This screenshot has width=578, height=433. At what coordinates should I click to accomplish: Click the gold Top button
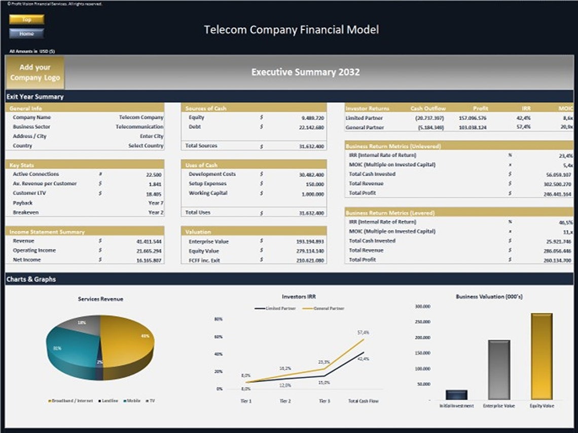[x=26, y=19]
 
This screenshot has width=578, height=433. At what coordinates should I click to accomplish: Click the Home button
[x=26, y=33]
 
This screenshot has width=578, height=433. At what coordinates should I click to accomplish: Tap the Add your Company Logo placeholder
[x=35, y=72]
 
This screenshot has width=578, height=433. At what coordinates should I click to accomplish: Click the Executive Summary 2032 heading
[x=305, y=72]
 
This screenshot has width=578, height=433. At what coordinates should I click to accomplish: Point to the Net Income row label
[x=27, y=260]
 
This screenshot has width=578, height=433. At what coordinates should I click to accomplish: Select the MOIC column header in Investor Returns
[x=567, y=108]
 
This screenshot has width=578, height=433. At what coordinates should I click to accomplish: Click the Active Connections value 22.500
[x=154, y=174]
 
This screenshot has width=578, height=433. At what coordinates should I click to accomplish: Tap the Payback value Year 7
[x=155, y=203]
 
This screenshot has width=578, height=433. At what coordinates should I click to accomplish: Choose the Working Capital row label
[x=208, y=193]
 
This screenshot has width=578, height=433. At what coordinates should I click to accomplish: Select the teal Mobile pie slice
[x=68, y=349]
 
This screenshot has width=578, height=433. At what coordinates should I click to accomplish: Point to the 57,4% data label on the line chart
[x=363, y=333]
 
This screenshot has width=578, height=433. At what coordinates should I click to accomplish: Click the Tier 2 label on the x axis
[x=285, y=401]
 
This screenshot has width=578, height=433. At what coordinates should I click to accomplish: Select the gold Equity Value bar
[x=541, y=357]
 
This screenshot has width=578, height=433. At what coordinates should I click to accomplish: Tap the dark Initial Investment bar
[x=457, y=395]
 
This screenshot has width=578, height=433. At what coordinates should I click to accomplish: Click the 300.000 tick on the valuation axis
[x=422, y=306]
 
